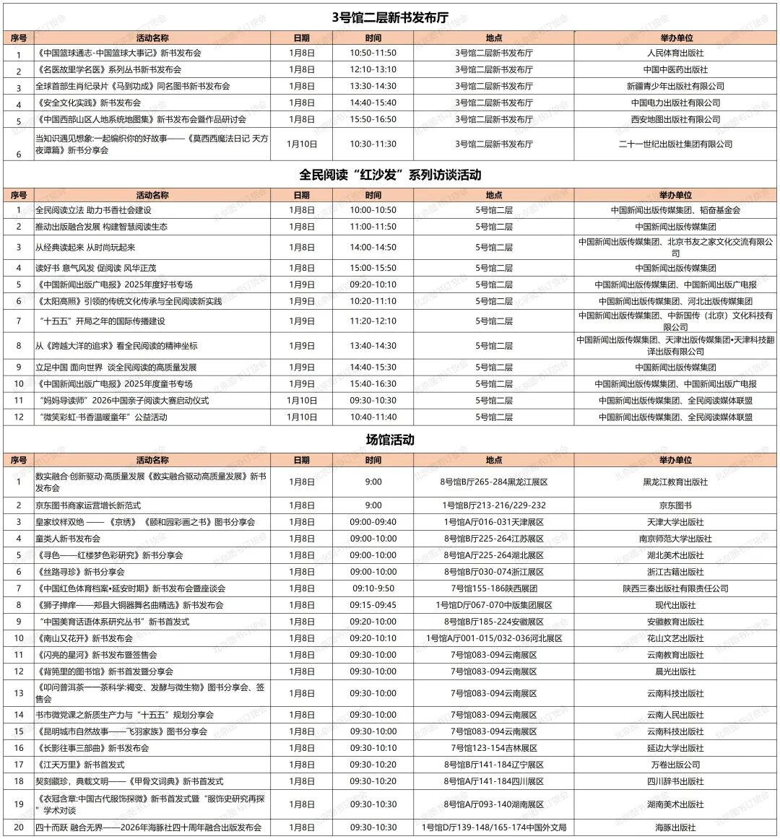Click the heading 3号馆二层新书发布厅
click(390, 17)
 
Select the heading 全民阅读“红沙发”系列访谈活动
click(390, 175)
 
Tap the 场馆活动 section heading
click(390, 440)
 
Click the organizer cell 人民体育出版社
click(675, 53)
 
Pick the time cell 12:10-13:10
click(373, 69)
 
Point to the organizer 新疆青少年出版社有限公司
click(675, 86)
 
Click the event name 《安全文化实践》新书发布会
click(88, 103)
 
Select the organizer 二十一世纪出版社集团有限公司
click(675, 144)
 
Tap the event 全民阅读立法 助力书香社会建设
click(94, 210)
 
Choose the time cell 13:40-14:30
click(373, 346)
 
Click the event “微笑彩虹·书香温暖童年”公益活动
click(101, 417)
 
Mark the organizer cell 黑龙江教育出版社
click(675, 482)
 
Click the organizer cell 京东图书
click(675, 505)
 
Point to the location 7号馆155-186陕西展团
click(494, 588)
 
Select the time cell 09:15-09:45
click(373, 605)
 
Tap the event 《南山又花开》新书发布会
click(84, 638)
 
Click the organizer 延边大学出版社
click(675, 748)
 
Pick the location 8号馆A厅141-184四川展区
click(494, 781)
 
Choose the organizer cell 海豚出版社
click(675, 827)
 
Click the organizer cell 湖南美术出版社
click(675, 804)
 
